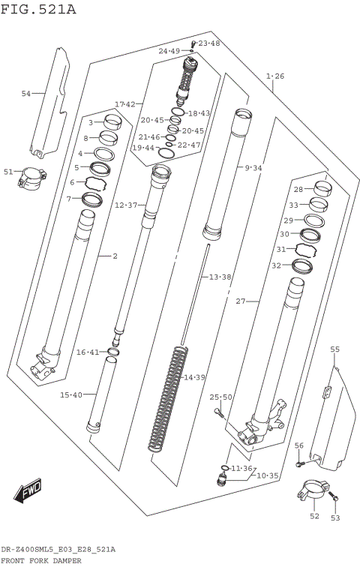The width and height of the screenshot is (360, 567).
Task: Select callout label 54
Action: tap(26, 94)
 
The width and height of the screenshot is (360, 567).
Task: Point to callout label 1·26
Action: tap(275, 76)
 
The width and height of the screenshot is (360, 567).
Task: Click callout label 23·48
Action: tap(209, 43)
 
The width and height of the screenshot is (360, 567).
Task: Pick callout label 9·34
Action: tap(253, 168)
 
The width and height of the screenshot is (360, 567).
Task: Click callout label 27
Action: tap(241, 301)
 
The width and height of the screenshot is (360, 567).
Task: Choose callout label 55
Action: tap(334, 349)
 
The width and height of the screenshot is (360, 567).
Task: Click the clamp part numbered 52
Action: tap(308, 495)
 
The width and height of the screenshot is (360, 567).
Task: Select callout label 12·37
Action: tap(125, 205)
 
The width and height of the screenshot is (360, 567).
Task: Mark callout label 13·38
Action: tap(220, 277)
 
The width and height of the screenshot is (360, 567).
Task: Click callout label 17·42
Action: tap(125, 103)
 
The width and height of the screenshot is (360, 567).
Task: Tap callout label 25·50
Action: tap(221, 397)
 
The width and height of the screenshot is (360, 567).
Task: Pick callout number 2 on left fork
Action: tap(115, 256)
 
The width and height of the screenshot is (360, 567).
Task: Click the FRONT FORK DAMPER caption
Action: tap(41, 560)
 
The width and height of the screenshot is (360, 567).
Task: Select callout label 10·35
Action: tap(268, 475)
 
